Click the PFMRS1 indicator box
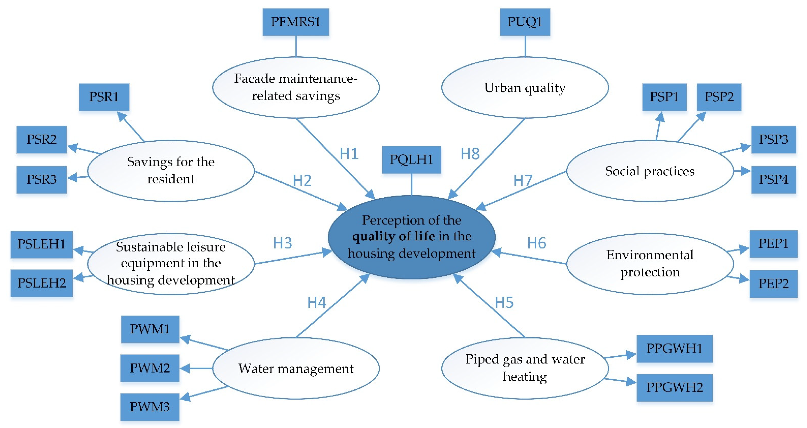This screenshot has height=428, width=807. [295, 22]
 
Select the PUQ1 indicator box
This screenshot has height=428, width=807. [525, 22]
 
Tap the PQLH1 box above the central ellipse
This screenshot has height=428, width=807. [411, 160]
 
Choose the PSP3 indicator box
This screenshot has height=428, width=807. [773, 139]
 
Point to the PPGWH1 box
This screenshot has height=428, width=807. [674, 348]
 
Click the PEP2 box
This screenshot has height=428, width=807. [773, 284]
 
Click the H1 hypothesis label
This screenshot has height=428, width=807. [349, 154]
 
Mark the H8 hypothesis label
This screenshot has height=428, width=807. [470, 154]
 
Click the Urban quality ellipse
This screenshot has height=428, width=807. [525, 88]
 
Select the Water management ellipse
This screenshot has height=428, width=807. [296, 368]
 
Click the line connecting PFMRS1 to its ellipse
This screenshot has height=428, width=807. [296, 46]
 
